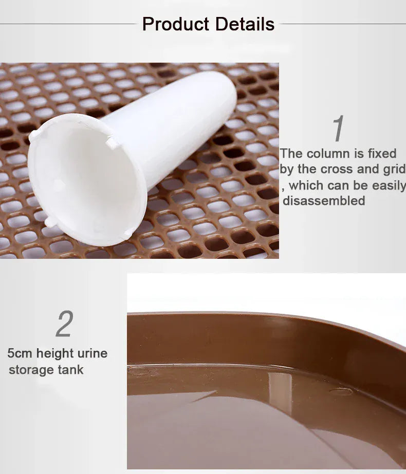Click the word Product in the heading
tap(175, 24)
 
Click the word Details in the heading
tap(245, 24)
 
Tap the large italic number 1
tap(338, 129)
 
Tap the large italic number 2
tap(64, 324)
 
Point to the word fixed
tap(382, 154)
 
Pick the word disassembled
tap(324, 201)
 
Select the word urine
tap(93, 353)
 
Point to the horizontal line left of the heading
tap(67, 24)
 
